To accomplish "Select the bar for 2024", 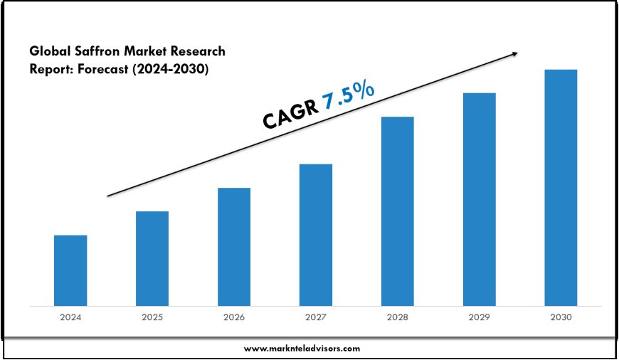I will point(70,270).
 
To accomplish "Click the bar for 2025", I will point(152,259).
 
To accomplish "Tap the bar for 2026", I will point(234,247).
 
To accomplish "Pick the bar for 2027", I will point(316,235).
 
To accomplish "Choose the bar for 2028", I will point(398,211).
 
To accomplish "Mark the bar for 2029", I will point(480,199).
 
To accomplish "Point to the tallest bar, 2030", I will point(561,188).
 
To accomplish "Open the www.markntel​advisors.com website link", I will point(302,349).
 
